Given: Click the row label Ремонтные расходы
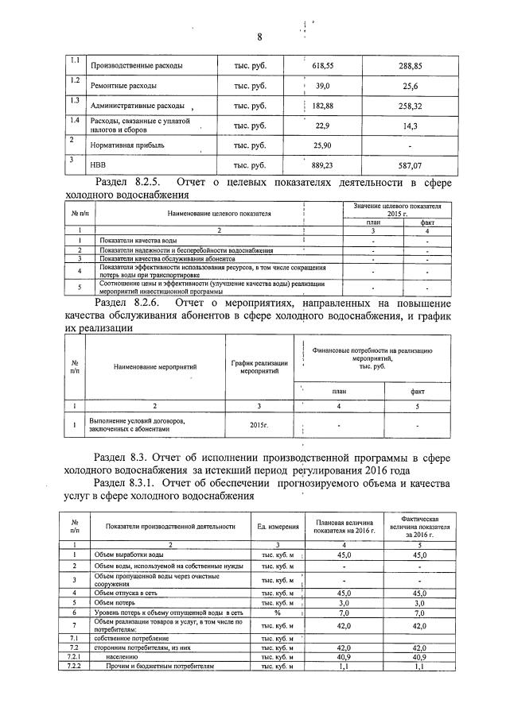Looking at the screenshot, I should point(123,85).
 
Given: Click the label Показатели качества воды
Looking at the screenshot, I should point(138,239).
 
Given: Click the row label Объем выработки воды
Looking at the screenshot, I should point(127,554).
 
